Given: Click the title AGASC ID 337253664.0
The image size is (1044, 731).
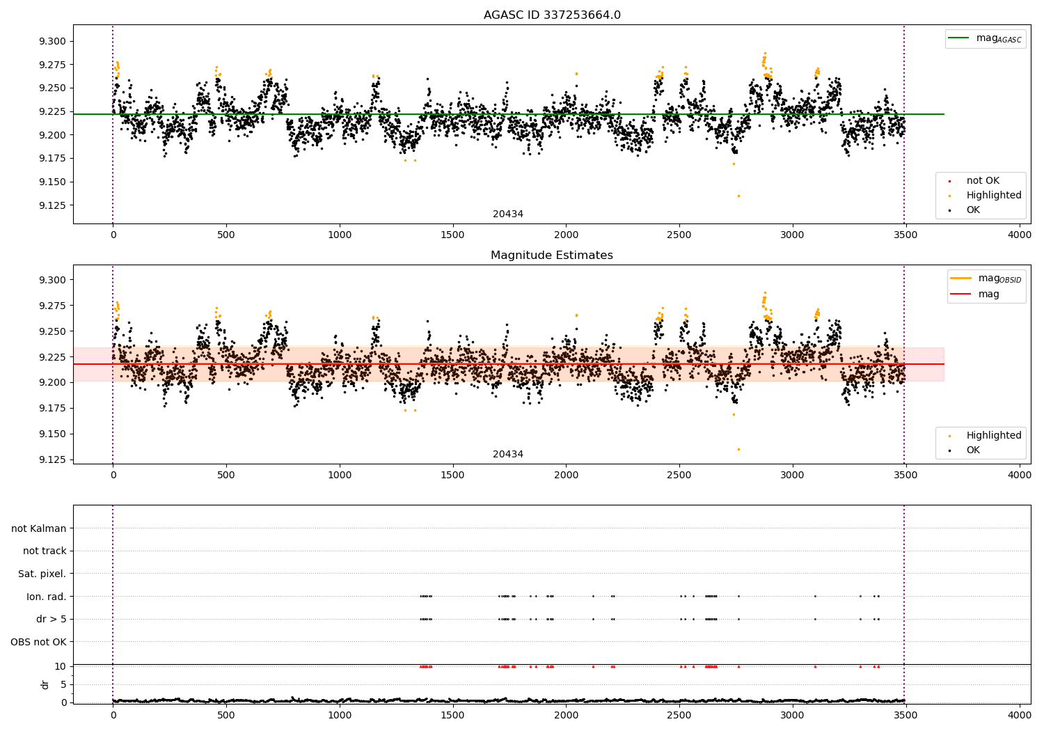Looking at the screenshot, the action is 552,15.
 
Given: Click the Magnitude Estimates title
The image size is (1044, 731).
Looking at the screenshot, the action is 552,255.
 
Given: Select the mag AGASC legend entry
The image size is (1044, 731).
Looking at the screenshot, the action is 986,39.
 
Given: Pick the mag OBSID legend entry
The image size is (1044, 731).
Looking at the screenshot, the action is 986,278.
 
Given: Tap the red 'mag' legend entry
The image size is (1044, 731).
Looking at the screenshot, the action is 975,294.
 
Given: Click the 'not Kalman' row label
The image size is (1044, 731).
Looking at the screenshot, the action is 39,528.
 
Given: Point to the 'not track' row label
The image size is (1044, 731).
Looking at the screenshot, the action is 45,551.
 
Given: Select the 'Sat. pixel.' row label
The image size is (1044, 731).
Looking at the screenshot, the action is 42,574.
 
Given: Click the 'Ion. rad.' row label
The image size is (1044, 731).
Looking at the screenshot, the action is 46,596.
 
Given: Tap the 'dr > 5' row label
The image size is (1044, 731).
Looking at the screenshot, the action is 52,619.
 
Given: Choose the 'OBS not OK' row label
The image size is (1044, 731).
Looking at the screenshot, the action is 38,642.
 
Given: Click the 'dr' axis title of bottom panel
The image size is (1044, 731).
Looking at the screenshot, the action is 45,684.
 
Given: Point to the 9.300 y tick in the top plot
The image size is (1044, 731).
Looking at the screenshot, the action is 52,42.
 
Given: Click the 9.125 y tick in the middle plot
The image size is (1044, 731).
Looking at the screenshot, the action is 52,459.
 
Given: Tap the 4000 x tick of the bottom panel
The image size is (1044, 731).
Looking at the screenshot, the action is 1020,715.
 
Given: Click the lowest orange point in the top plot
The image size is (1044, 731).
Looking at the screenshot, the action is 738,196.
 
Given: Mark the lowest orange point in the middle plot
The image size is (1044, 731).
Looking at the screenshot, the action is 738,450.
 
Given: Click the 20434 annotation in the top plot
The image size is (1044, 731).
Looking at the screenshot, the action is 508,214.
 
